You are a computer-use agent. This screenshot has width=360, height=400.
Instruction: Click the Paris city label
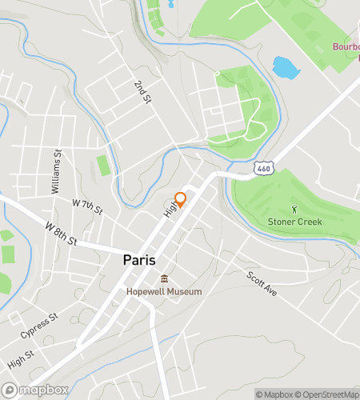(139, 260)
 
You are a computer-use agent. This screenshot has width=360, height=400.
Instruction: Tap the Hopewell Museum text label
(164, 292)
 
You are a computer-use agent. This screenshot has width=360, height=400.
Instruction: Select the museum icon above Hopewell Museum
(164, 279)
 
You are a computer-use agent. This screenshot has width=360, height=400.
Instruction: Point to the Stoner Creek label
(295, 221)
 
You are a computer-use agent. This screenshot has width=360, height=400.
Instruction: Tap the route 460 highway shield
(263, 169)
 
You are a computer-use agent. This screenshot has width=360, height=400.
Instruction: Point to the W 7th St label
(88, 206)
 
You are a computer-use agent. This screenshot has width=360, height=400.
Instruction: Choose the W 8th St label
(61, 234)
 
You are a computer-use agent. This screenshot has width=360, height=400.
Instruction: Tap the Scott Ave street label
(261, 283)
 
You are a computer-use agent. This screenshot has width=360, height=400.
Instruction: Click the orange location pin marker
(181, 198)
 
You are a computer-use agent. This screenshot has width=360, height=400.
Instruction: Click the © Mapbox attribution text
(275, 394)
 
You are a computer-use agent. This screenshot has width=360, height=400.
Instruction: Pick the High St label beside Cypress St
(20, 358)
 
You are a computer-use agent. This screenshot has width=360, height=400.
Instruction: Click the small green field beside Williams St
(102, 166)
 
